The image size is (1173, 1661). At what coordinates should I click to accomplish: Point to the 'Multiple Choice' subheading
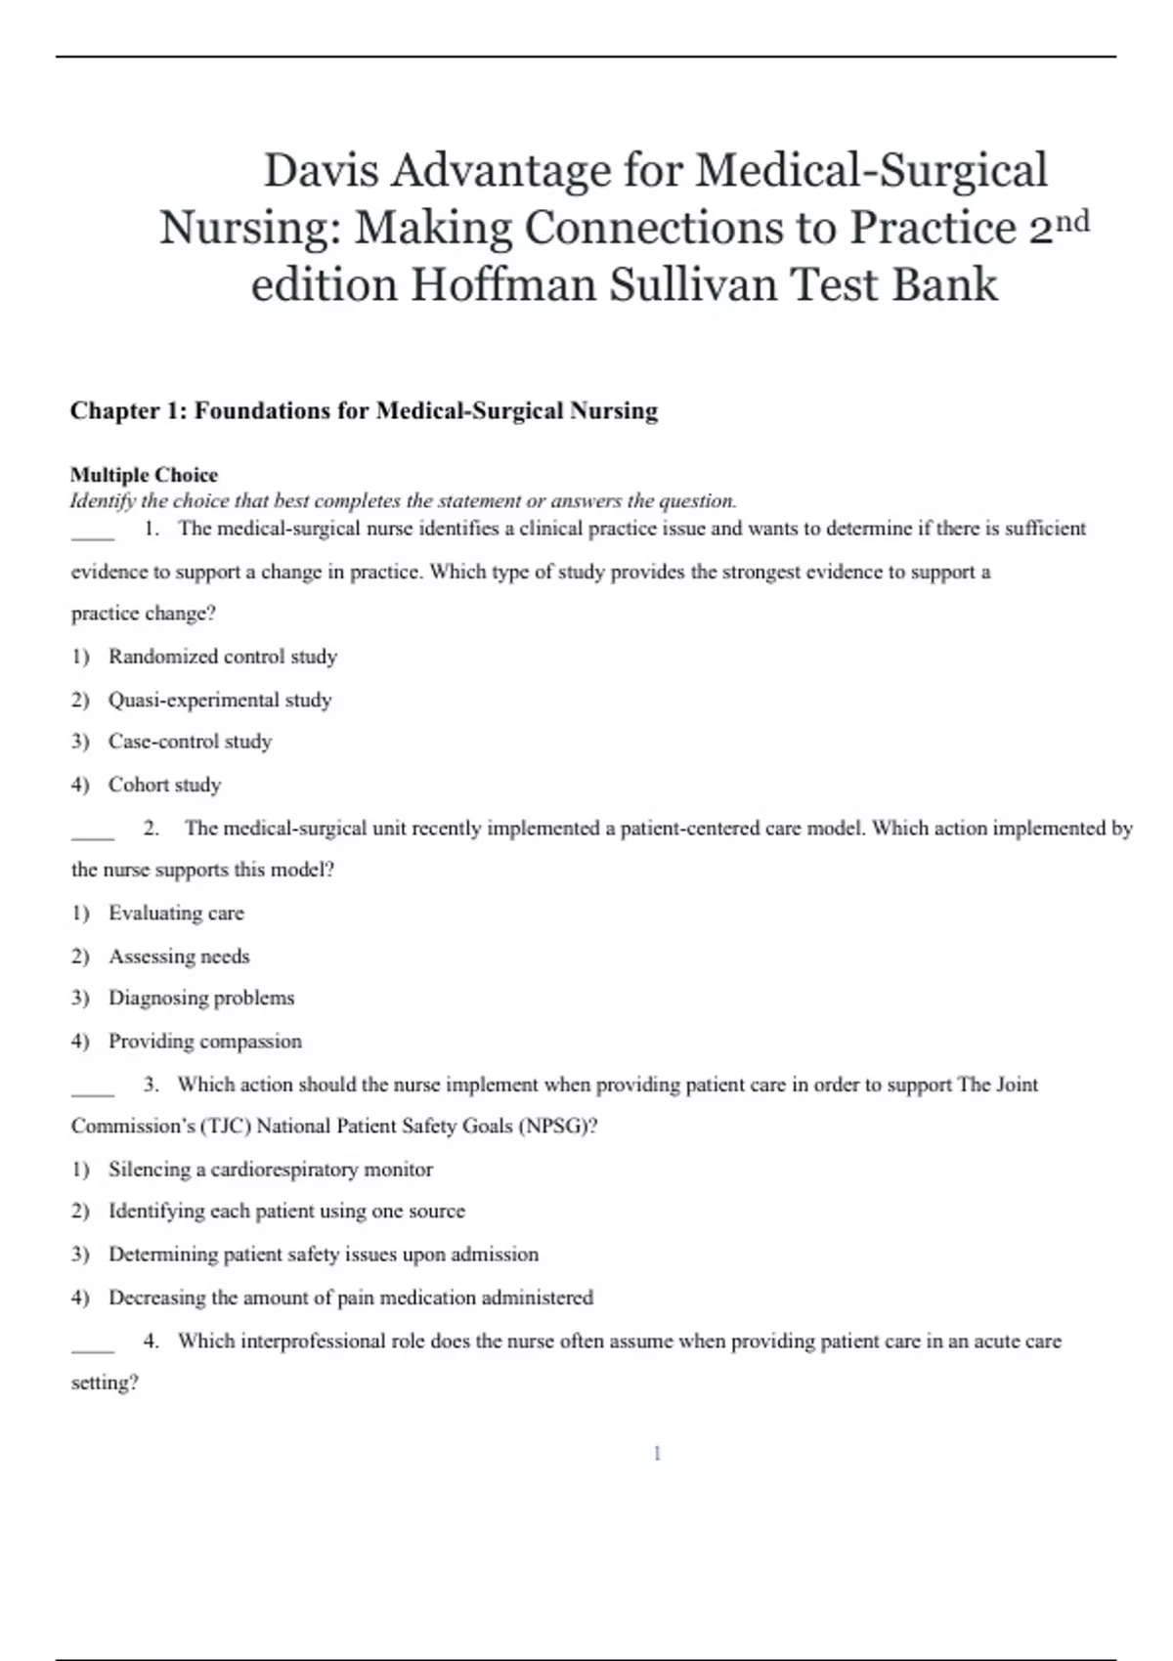pos(144,475)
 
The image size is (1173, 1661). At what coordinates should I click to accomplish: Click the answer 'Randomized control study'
pos(223,657)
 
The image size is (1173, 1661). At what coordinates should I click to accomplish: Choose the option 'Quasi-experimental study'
pos(220,700)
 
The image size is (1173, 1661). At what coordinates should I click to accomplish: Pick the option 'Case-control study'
pos(190,742)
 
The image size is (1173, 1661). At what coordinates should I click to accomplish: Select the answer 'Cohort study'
pos(164,785)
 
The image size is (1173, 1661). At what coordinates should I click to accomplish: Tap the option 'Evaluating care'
pos(176,913)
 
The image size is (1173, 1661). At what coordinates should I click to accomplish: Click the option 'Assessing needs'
pos(179,956)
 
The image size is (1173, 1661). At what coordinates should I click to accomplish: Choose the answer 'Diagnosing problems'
pos(201,998)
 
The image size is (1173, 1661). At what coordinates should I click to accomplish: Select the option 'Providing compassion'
pos(205,1041)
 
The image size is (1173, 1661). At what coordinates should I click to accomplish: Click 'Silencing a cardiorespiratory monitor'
pos(271,1169)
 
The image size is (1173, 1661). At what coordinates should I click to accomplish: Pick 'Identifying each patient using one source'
pos(286,1211)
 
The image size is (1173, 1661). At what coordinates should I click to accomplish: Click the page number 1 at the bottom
pos(657,1454)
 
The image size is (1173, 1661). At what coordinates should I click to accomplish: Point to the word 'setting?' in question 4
pos(105,1383)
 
